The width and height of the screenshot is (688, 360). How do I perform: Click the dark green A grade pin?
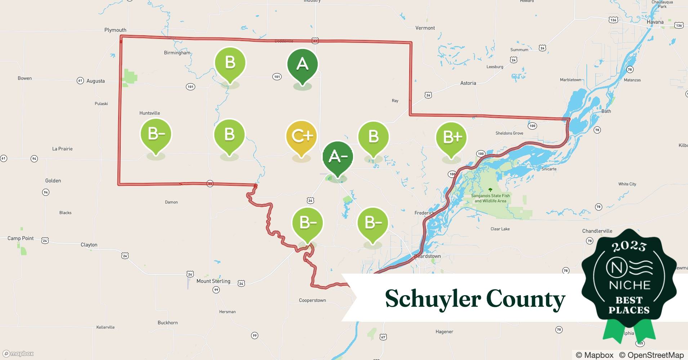click(x=302, y=65)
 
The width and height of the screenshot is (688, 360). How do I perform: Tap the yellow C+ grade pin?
click(x=301, y=136)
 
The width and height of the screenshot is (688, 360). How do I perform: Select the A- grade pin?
click(x=338, y=157)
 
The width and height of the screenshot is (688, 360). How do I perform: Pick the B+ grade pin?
click(x=451, y=138)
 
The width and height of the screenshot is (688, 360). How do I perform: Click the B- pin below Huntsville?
click(x=156, y=134)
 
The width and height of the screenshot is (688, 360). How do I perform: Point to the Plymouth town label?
click(x=115, y=30)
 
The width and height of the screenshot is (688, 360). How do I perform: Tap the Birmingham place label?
click(x=177, y=53)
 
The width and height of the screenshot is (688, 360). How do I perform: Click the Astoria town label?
click(x=468, y=83)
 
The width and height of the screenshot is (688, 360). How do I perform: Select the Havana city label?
click(x=655, y=22)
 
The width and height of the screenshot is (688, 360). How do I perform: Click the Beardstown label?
click(x=428, y=256)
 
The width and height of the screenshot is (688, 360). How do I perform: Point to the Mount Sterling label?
click(x=213, y=281)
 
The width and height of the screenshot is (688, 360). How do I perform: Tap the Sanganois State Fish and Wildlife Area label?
click(x=490, y=198)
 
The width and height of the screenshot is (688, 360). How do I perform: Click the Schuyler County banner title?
click(x=475, y=299)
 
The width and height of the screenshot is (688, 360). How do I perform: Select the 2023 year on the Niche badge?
click(x=629, y=247)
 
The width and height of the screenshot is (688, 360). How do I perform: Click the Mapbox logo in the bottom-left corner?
click(x=18, y=354)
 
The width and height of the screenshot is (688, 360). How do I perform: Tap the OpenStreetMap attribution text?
click(x=651, y=355)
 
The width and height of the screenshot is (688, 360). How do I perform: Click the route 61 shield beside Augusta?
click(x=80, y=81)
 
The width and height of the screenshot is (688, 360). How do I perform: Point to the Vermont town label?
click(x=425, y=28)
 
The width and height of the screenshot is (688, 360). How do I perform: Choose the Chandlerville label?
click(x=597, y=231)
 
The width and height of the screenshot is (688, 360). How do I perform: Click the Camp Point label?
click(x=21, y=238)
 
